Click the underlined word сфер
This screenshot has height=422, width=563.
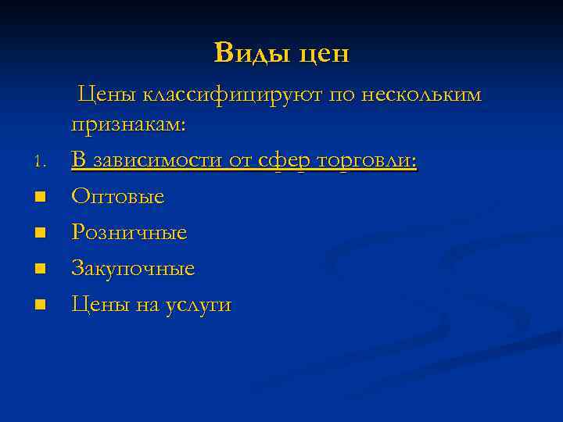[x=285, y=161]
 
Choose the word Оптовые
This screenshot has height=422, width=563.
[x=118, y=197]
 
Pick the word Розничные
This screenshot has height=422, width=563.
[x=129, y=233]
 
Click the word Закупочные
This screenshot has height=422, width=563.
[x=133, y=269]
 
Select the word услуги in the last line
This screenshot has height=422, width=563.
[x=199, y=306]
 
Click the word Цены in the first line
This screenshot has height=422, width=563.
[x=107, y=95]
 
